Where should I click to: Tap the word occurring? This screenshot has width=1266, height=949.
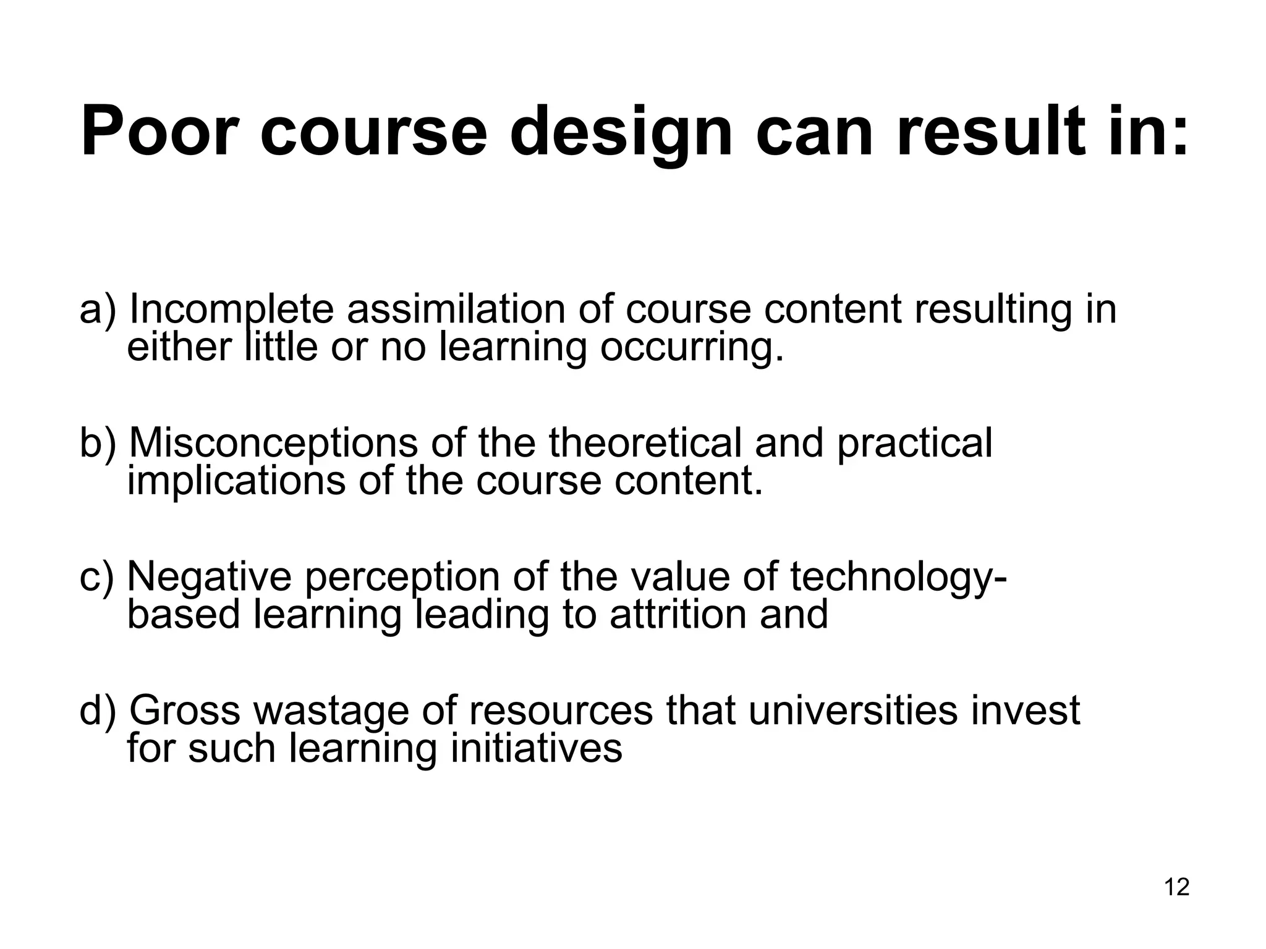click(x=692, y=347)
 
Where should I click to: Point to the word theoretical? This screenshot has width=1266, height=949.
click(x=645, y=443)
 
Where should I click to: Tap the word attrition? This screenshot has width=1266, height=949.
click(x=678, y=615)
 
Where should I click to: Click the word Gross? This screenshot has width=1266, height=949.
click(x=184, y=711)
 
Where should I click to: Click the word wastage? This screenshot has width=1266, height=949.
click(x=331, y=711)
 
